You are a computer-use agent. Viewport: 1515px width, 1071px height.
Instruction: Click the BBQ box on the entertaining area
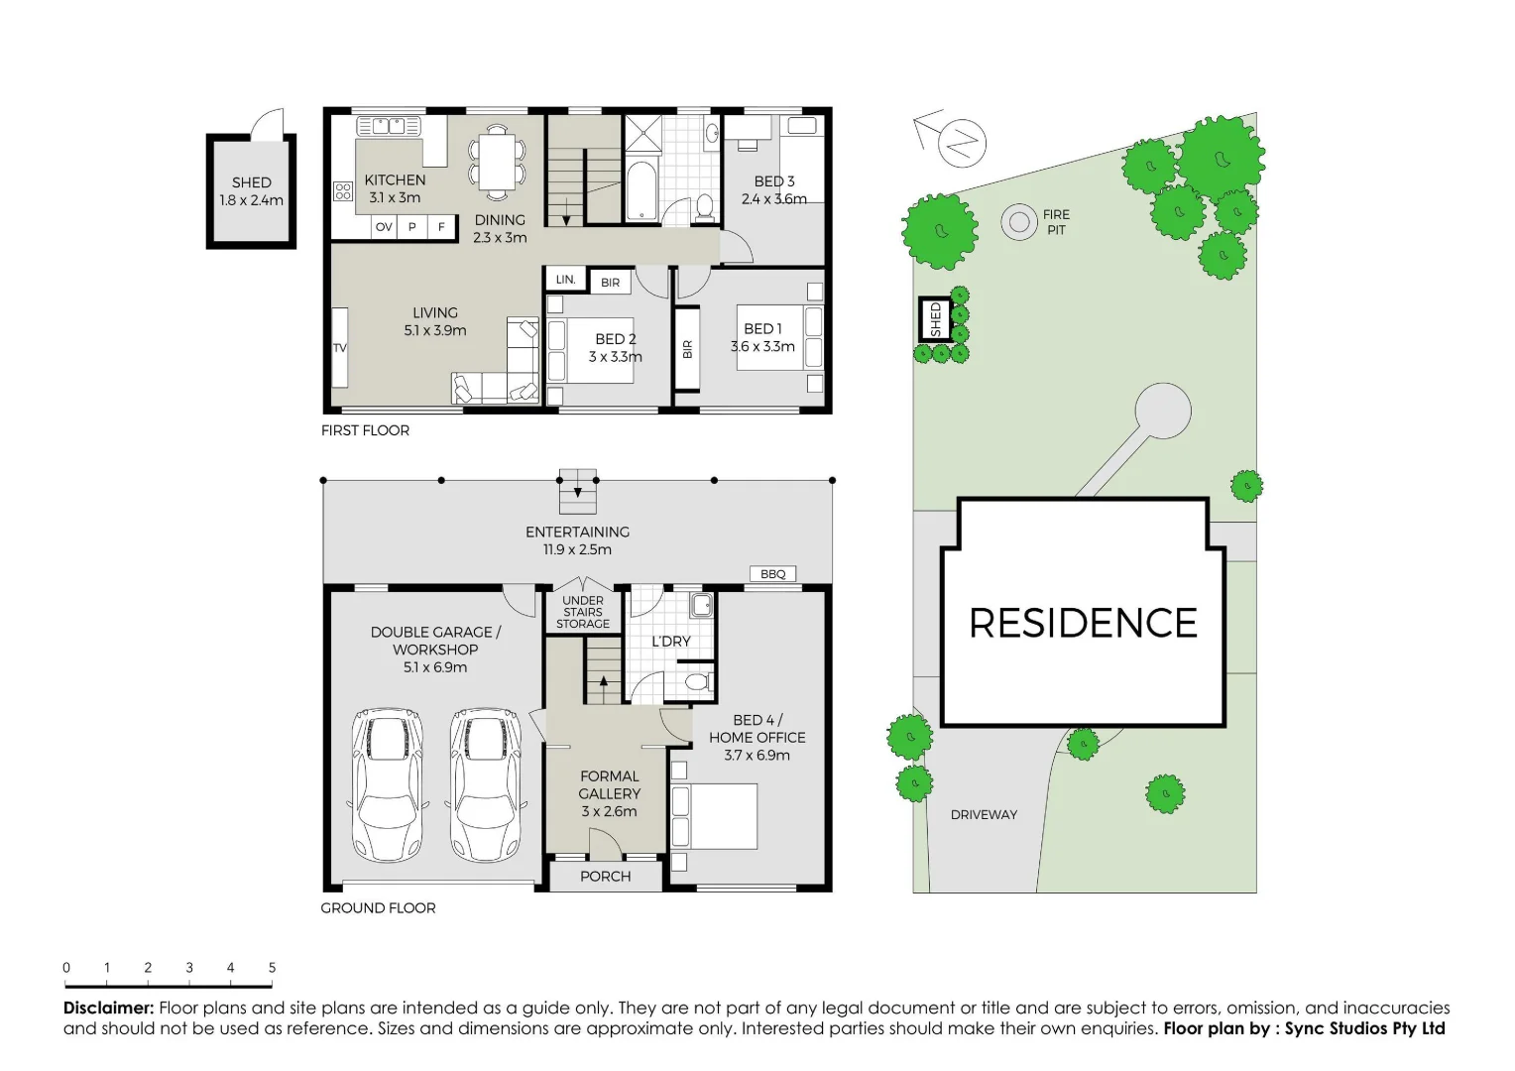772,574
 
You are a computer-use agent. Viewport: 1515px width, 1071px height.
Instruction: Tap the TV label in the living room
340,348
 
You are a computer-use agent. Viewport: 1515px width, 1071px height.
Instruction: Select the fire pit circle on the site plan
1018,222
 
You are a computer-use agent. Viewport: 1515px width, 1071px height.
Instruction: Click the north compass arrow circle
962,142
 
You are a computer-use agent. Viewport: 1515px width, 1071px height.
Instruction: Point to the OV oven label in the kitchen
384,227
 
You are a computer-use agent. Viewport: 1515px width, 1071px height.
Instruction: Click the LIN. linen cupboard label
565,280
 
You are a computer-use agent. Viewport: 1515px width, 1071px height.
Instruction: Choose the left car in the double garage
389,783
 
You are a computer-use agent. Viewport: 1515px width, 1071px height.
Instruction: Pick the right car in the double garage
485,783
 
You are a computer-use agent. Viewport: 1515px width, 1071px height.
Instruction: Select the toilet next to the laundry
698,681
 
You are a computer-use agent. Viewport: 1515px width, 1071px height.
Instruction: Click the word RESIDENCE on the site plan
1083,624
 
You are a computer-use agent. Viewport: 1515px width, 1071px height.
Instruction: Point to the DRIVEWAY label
984,815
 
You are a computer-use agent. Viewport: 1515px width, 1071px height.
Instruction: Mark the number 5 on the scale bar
272,968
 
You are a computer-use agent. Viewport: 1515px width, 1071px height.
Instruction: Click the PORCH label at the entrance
605,877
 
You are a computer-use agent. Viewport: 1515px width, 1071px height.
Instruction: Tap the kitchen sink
389,126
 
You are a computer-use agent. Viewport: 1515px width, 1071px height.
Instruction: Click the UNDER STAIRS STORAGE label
583,612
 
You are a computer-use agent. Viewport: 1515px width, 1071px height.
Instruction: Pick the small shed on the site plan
934,319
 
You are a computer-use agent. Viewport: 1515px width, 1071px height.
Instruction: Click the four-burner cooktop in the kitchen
343,191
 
